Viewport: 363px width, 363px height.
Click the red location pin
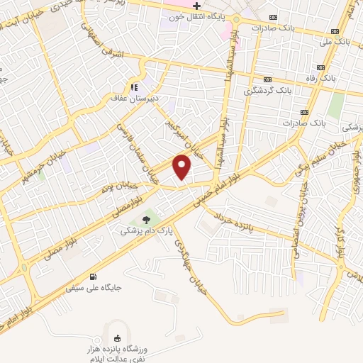coord(183,166)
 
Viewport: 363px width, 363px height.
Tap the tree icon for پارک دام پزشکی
coord(147,220)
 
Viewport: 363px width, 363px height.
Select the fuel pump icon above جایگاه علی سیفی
coord(93,277)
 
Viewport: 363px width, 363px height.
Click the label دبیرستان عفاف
coord(131,98)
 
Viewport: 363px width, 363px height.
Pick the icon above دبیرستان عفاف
coord(132,86)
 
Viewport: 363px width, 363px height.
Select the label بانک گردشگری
coord(267,91)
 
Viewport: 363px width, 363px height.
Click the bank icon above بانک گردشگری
coord(267,80)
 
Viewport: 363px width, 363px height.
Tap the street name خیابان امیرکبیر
coord(186,135)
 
